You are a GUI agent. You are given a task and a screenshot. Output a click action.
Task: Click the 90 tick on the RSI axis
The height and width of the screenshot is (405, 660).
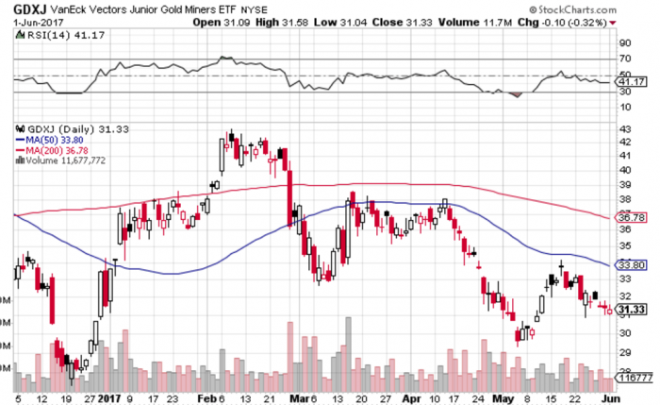[x=624, y=42]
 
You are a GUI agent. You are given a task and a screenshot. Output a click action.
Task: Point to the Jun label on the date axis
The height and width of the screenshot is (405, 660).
[x=604, y=397]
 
